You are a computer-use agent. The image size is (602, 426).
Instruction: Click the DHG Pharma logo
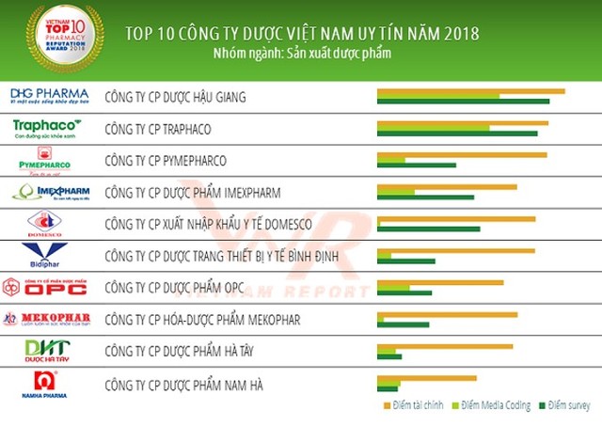49,95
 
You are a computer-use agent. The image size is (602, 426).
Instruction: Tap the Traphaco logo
48,127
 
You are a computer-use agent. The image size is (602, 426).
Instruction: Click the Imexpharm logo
50,193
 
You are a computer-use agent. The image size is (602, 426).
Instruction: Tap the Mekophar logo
47,319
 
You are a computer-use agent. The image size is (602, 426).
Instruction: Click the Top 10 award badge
63,38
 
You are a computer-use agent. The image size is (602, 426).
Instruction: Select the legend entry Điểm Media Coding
498,406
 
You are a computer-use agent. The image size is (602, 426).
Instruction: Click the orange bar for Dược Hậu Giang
470,91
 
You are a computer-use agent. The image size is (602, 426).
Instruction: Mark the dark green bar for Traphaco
457,134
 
